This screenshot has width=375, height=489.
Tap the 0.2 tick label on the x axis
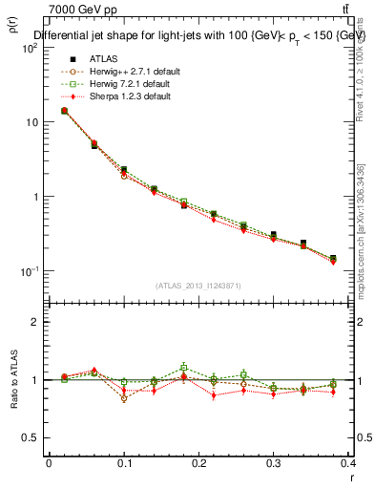coord(198,463)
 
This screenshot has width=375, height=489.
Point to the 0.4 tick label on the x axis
coord(349,463)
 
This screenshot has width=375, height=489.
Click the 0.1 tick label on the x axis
coord(123,463)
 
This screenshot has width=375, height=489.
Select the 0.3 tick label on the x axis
coord(274,463)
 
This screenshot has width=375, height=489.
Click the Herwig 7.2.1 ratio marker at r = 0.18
coord(184,367)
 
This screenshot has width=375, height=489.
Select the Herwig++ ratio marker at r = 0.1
coord(124,398)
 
